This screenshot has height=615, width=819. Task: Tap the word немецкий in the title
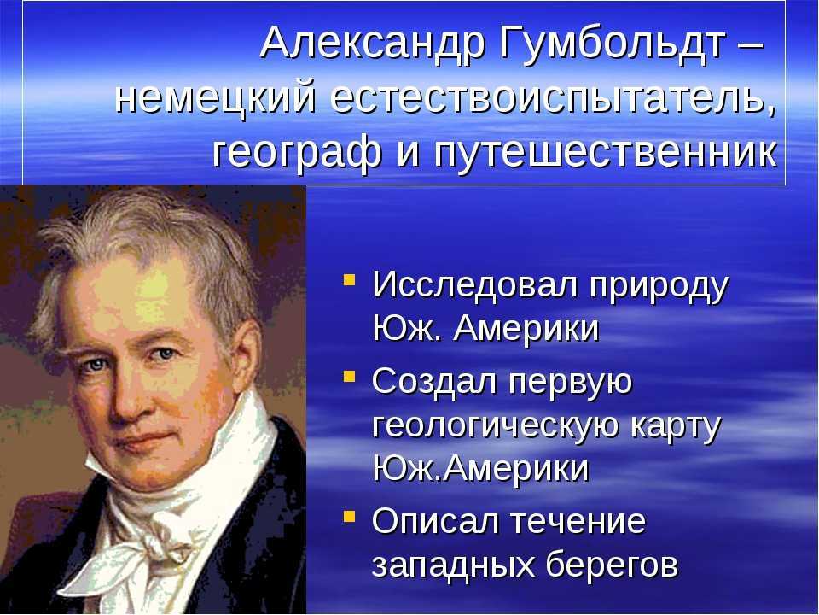[x=215, y=97]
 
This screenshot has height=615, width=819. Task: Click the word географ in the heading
[x=296, y=153]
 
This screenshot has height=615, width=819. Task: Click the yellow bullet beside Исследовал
[x=349, y=279]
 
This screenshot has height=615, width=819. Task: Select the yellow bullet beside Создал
[x=349, y=376]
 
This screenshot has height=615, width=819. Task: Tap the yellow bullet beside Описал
[x=349, y=518]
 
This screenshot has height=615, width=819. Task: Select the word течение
[x=578, y=521]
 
